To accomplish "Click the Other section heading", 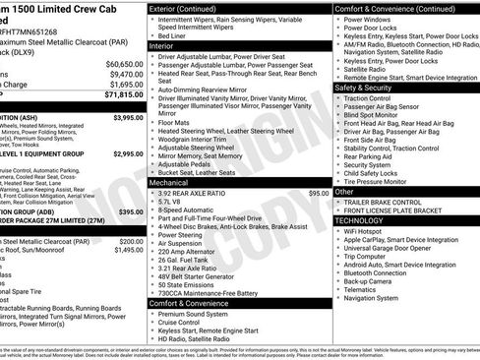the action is tap(345, 192).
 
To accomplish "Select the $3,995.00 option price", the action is tap(128, 117).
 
